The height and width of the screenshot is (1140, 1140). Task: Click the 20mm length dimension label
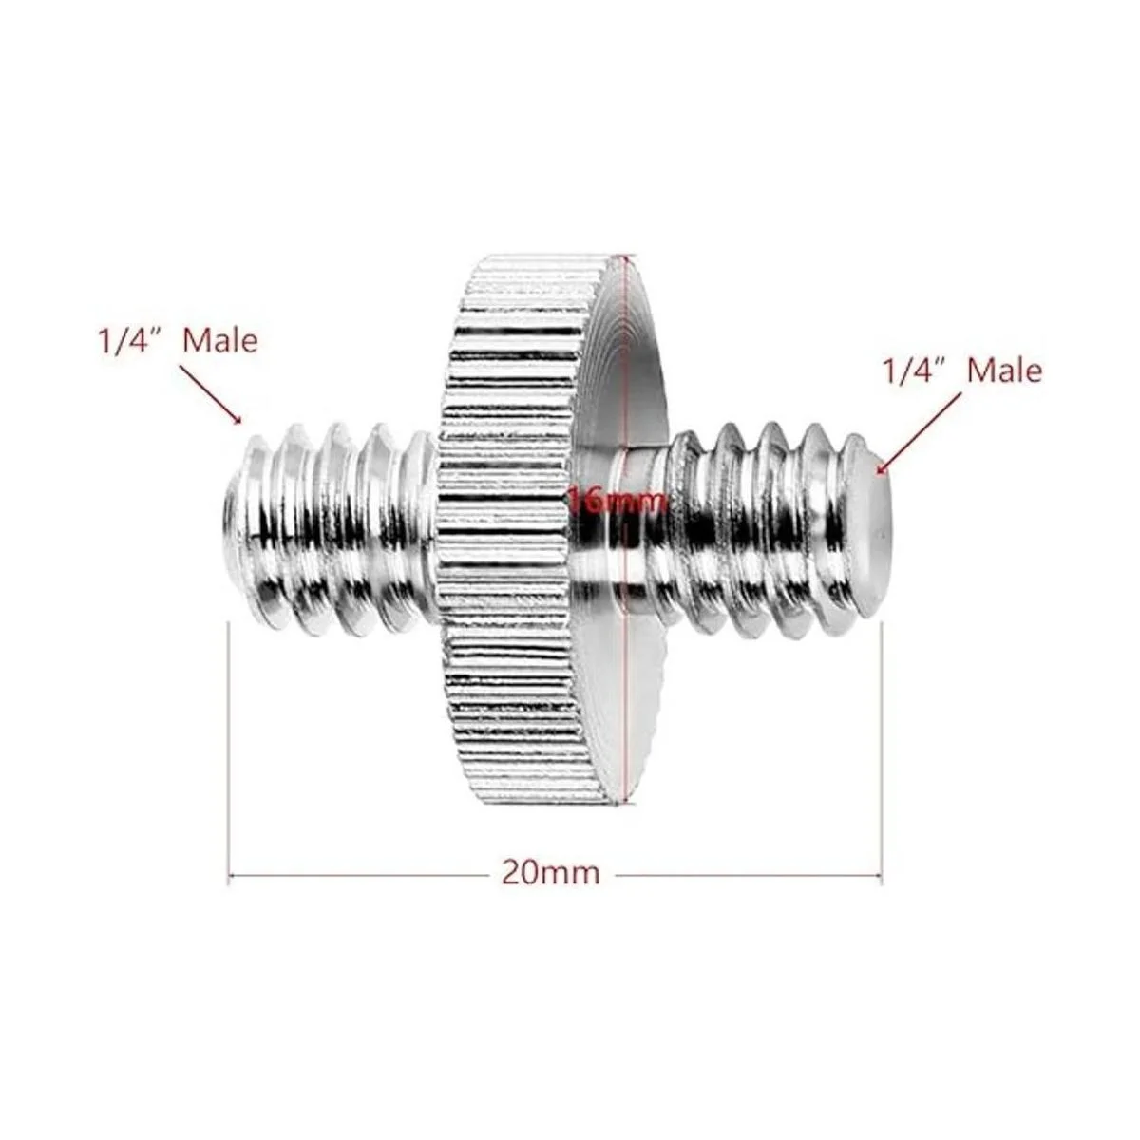[551, 873]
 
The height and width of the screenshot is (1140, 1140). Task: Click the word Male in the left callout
[220, 341]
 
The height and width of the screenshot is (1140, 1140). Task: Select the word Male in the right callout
[1004, 370]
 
